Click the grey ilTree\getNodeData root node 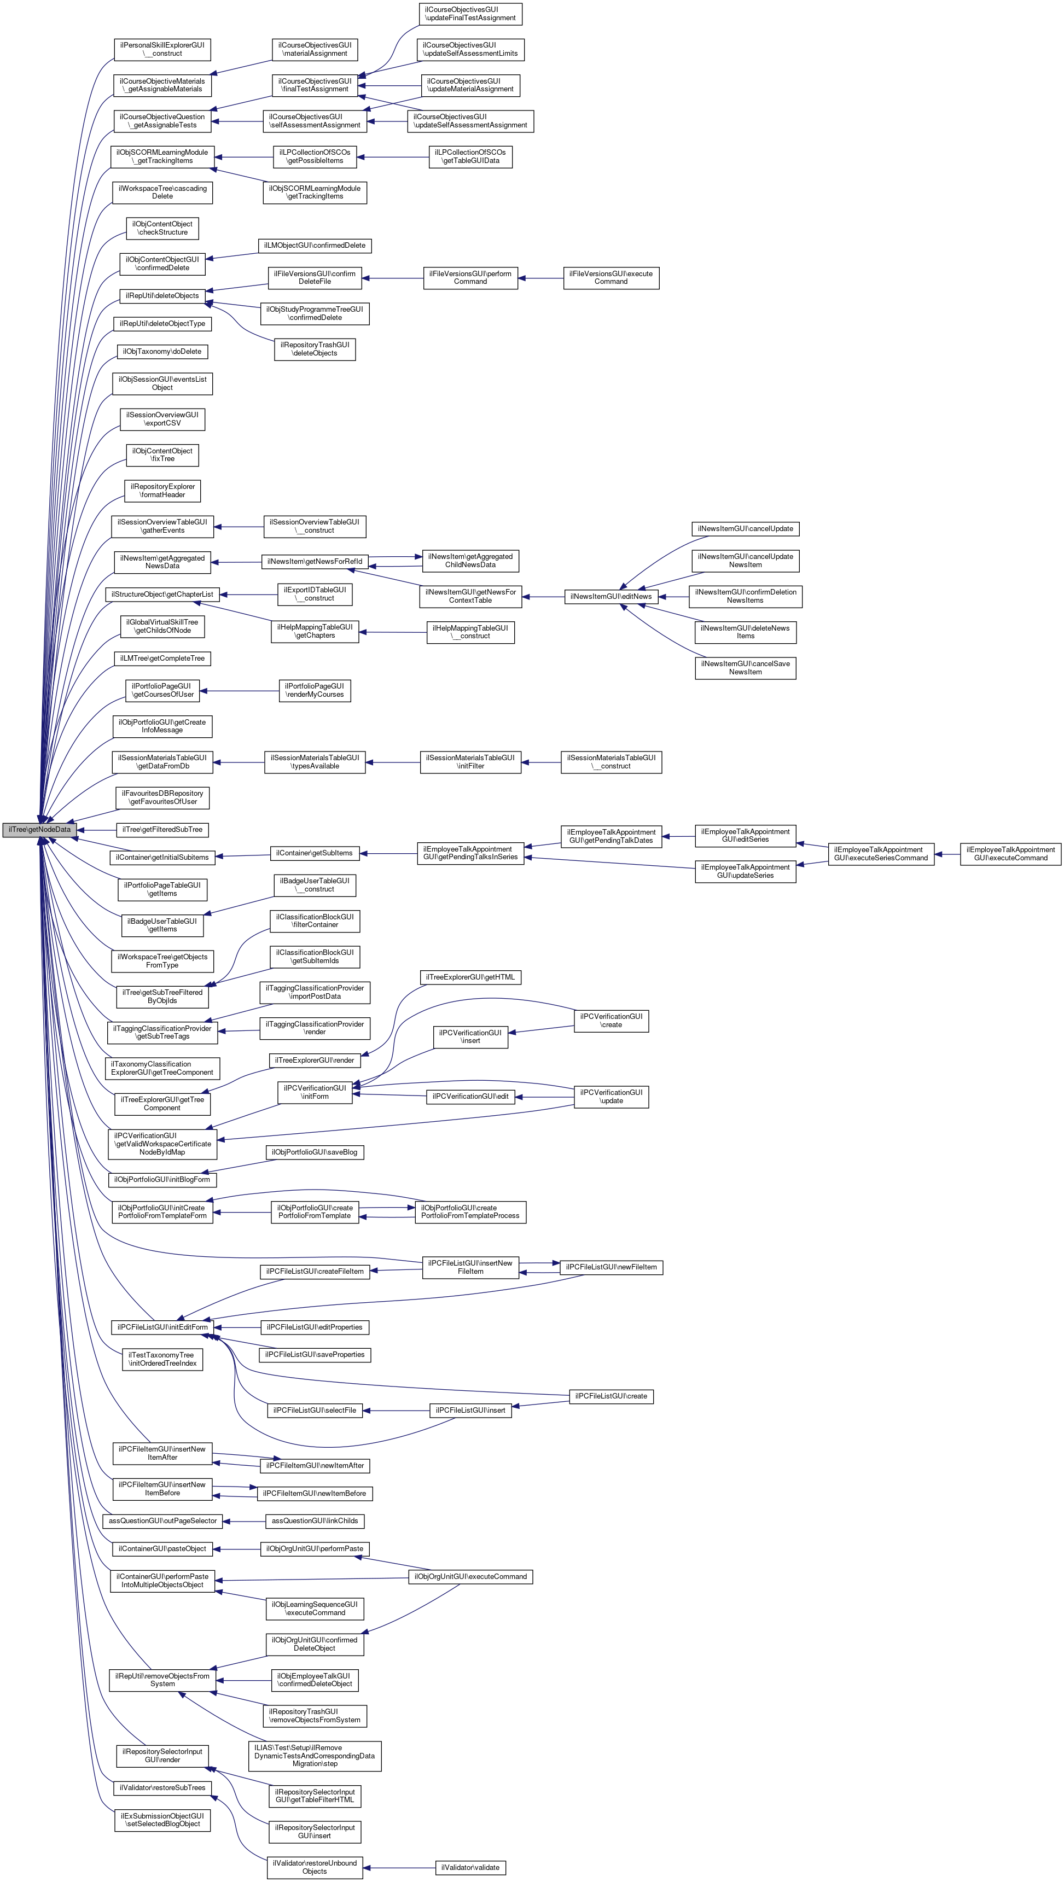click(39, 830)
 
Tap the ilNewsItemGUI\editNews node click(611, 597)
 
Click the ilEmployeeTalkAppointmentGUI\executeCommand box click(1010, 853)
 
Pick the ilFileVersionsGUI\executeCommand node click(611, 278)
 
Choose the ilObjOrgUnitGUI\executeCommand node click(470, 1577)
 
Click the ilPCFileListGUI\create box click(611, 1396)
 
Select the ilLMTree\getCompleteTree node click(162, 659)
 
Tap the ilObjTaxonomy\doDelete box click(162, 352)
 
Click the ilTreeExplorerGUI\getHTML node click(470, 977)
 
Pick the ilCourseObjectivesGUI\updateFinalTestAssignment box click(470, 14)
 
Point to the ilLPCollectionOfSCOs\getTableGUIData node click(470, 156)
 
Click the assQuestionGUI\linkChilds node click(314, 1520)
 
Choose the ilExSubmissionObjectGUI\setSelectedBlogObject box click(162, 1820)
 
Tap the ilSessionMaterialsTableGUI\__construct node click(611, 762)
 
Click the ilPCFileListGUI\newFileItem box click(611, 1267)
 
